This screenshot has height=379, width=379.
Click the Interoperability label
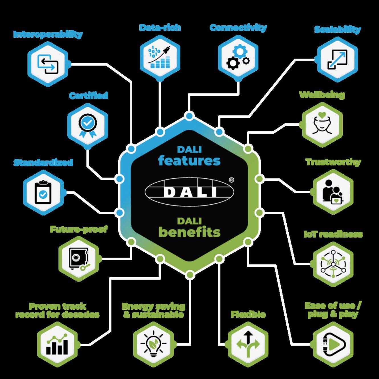48,34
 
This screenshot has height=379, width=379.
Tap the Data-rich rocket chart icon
160,57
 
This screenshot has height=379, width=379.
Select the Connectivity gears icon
238,57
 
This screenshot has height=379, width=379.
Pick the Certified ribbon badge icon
88,126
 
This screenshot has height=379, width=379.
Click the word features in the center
189,161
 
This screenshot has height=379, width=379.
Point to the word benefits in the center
189,232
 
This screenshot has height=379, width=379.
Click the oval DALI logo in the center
189,191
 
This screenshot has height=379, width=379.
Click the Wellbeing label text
322,95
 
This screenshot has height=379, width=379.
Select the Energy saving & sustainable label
153,311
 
